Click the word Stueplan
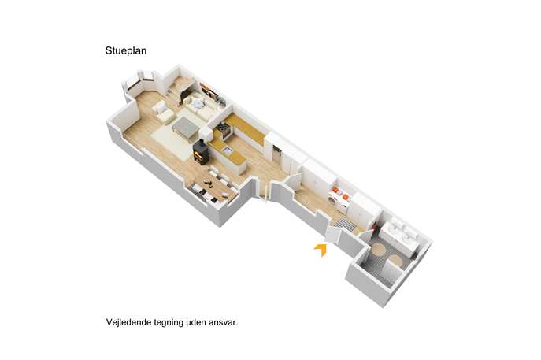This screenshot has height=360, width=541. click(x=126, y=51)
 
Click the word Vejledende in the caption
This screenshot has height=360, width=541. click(x=128, y=322)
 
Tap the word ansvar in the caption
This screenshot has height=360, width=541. click(x=224, y=323)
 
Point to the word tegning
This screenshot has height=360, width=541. click(x=169, y=323)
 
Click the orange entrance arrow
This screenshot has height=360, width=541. click(x=321, y=249)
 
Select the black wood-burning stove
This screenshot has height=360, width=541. click(x=201, y=152)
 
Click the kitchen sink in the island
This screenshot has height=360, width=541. click(x=227, y=150)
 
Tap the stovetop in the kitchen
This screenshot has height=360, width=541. click(x=224, y=130)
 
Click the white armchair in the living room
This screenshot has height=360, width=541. click(x=161, y=112)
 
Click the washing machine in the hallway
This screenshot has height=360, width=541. click(x=335, y=201)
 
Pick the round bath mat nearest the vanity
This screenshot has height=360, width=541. click(x=379, y=249)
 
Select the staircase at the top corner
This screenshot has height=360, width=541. click(x=179, y=89)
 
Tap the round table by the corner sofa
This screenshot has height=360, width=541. click(x=198, y=103)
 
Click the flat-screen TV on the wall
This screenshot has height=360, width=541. click(x=207, y=91)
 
